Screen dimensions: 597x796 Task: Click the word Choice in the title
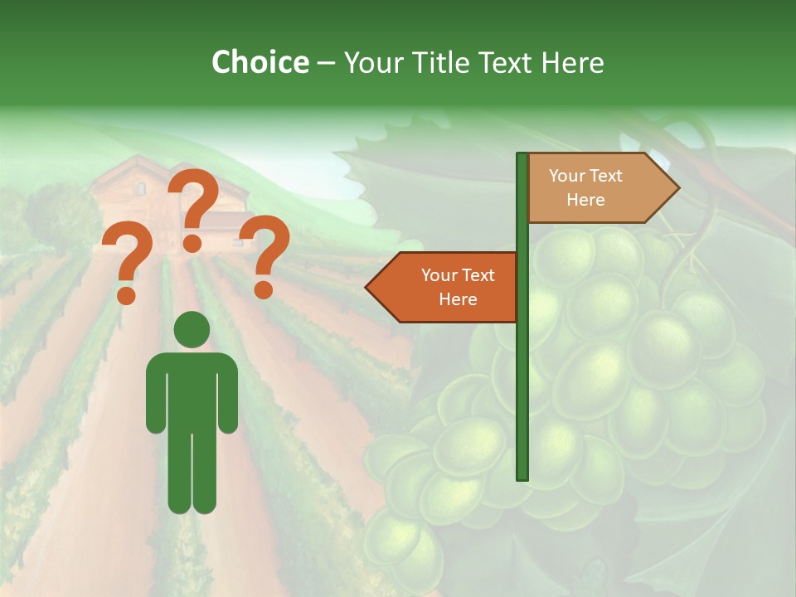[x=260, y=62]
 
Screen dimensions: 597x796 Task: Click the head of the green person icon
[x=192, y=329]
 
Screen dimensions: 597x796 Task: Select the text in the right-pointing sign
[x=585, y=187]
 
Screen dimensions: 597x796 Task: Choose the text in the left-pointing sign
[x=458, y=287]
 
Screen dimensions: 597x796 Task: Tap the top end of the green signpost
[x=522, y=157]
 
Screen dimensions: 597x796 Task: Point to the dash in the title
[x=326, y=62]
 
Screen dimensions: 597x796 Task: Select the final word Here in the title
[x=572, y=62]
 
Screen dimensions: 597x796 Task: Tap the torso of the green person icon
[x=192, y=390]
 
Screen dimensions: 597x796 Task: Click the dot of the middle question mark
[x=192, y=243]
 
